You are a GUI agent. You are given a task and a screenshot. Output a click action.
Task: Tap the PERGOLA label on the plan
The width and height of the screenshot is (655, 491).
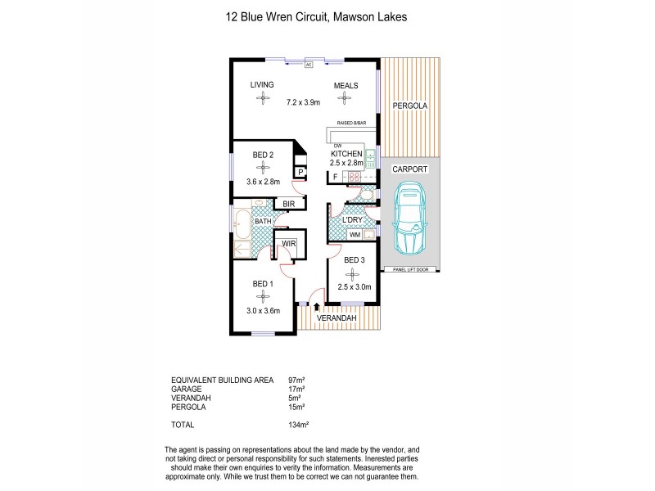point(409,106)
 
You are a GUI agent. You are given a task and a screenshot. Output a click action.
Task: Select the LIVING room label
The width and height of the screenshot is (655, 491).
point(262,85)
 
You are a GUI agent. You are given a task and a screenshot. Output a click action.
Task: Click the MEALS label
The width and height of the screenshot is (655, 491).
point(346,85)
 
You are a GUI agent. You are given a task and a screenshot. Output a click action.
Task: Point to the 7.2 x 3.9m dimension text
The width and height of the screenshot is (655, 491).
point(303,102)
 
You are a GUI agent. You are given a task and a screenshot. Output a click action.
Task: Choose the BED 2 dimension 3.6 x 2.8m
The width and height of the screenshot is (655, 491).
point(264,181)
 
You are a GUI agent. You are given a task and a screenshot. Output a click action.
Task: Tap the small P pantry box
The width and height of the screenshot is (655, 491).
point(300,172)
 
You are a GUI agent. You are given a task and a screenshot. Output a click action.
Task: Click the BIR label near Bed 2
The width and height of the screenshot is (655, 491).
point(287,205)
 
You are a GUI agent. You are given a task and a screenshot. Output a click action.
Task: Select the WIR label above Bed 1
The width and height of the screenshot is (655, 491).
point(288,243)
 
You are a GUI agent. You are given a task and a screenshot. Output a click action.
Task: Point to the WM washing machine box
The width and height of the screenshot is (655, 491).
point(355,235)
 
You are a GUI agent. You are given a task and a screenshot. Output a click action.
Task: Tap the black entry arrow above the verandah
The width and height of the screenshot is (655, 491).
point(317,306)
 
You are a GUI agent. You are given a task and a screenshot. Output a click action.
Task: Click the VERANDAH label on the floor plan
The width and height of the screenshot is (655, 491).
point(346,318)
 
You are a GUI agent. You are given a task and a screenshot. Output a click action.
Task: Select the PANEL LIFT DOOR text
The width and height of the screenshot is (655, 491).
point(409,269)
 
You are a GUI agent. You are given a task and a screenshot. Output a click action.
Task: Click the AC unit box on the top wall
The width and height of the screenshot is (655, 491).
point(309,64)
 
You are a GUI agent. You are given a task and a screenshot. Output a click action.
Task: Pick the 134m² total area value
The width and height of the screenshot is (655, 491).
point(296,425)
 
